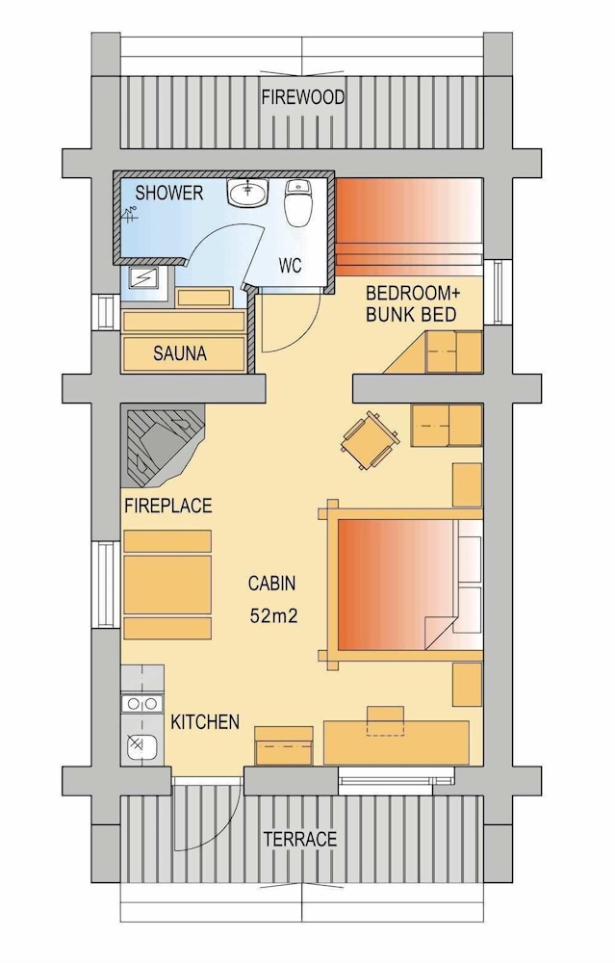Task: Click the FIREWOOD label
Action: pos(303,98)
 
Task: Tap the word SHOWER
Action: pos(168,194)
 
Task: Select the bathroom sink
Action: pos(248,195)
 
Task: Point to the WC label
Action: pos(292,265)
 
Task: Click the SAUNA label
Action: pos(180,353)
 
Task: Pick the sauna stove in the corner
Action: pos(147,279)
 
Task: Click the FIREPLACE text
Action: pos(167,506)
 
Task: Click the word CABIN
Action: pos(271,583)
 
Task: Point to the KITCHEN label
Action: pos(205,722)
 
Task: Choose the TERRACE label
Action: pos(300,839)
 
